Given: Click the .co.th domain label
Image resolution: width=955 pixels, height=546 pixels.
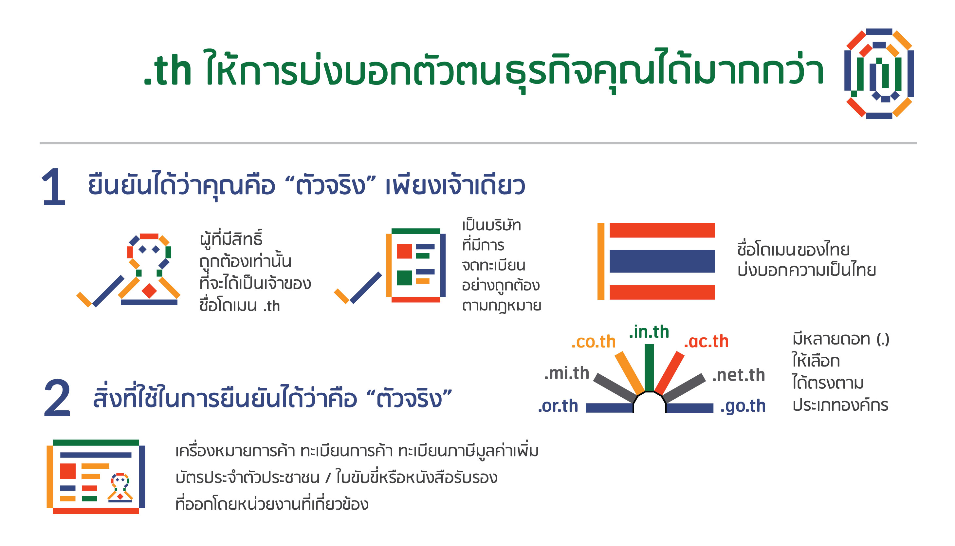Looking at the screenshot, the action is [x=593, y=342].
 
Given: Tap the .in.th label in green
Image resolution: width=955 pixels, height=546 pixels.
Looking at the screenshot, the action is [x=649, y=332].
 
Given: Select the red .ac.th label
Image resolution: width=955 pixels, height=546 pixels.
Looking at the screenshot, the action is [x=706, y=342].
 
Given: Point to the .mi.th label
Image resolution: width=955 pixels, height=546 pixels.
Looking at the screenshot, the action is [x=566, y=373].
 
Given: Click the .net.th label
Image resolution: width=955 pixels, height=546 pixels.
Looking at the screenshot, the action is [x=738, y=375].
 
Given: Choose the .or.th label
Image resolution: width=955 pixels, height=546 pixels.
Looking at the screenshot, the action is [x=558, y=406].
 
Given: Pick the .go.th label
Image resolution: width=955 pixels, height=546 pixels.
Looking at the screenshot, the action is [x=743, y=406].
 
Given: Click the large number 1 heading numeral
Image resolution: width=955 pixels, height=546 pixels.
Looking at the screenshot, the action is [x=54, y=187].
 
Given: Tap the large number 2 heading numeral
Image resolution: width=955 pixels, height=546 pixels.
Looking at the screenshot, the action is [x=57, y=398].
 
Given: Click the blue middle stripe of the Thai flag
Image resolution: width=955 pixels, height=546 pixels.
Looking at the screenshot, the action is [x=662, y=261].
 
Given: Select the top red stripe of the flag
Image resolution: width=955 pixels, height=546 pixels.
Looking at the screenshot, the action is [x=662, y=230].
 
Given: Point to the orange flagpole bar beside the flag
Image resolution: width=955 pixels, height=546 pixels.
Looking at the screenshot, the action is [x=601, y=261].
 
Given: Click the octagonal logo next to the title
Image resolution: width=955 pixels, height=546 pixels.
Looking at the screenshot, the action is [x=879, y=73].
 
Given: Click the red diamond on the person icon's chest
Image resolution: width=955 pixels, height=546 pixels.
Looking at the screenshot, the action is [x=149, y=291].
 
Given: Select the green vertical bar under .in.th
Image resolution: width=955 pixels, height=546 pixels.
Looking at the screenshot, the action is [x=649, y=368].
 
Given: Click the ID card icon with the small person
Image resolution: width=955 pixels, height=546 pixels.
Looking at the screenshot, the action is [x=96, y=477].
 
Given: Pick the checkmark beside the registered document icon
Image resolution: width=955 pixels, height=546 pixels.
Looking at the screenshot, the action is [x=358, y=288].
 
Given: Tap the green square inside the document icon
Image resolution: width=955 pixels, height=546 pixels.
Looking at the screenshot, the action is [x=404, y=278].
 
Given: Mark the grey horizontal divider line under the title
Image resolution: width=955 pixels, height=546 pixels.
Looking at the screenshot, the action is [x=478, y=143].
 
